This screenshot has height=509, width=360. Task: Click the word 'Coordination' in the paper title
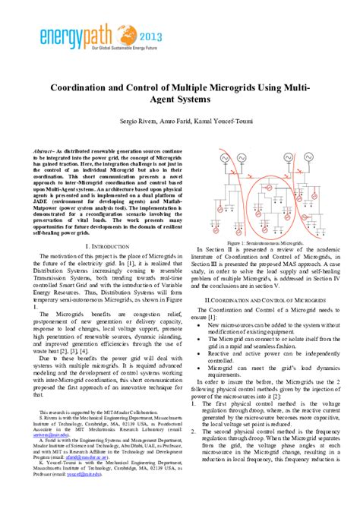pos(84,87)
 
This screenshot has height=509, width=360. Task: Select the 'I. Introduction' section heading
pos(110,247)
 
